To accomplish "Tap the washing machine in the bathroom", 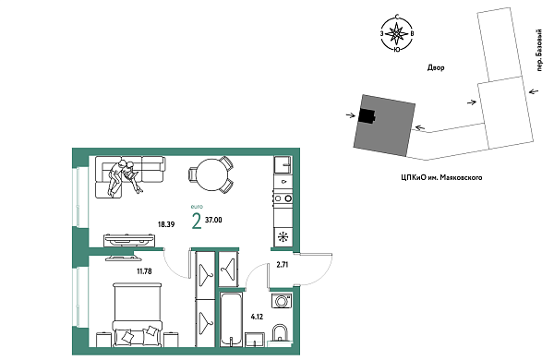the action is tap(282, 301).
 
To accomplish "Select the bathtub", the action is tap(231, 319).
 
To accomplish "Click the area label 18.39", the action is tap(166, 224).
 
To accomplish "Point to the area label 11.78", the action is tap(144, 271).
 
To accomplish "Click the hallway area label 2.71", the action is tap(283, 265).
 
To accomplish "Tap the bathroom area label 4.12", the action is tap(257, 317).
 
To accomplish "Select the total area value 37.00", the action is tap(213, 220).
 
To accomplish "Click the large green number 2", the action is tap(197, 222).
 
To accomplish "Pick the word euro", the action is tap(197, 207).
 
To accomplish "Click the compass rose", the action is tap(397, 33).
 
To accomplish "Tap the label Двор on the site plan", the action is tap(436, 67).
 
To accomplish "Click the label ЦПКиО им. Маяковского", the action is tap(441, 177).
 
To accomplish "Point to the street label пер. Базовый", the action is tap(539, 51).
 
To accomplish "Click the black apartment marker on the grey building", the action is tap(367, 115).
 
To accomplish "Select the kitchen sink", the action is tap(283, 165).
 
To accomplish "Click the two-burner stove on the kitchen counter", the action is tap(283, 198).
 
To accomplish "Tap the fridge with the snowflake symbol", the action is tap(283, 236).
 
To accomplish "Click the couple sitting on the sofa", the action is tap(125, 177).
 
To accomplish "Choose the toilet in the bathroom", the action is tap(280, 334).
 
